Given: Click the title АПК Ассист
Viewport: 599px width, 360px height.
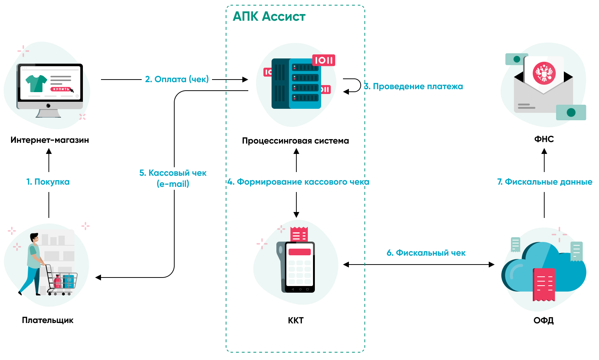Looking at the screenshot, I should (x=269, y=17).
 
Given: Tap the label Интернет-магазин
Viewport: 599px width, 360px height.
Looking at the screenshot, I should (x=50, y=140).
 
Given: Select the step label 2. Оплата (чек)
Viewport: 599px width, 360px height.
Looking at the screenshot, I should (x=177, y=79).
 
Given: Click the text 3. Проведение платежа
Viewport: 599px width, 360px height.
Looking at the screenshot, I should (x=414, y=87).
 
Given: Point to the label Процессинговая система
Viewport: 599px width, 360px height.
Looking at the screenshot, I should (x=295, y=141).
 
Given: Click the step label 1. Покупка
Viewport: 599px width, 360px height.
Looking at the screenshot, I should (x=48, y=182).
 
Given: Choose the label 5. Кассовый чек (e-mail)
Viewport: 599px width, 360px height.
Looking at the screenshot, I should (x=173, y=178).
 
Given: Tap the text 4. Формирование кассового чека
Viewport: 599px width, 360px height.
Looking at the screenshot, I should (x=298, y=182).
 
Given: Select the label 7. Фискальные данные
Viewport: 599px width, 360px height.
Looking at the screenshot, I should (x=545, y=182).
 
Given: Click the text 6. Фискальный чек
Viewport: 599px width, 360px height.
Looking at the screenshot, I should (x=426, y=253).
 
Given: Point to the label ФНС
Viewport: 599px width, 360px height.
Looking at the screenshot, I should (x=544, y=139).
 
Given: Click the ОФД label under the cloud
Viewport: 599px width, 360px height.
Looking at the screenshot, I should (x=544, y=321).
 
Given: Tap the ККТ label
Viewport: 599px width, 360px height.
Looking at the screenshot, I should (x=296, y=321).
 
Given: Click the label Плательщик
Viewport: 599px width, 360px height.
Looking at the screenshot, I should (x=48, y=320).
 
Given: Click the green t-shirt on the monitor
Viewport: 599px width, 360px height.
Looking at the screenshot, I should (x=36, y=83).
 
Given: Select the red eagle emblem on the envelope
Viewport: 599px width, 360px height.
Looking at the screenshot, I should (x=544, y=73).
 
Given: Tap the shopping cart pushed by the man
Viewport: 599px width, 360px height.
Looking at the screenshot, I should (x=63, y=281).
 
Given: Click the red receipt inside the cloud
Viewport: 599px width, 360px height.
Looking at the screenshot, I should (x=544, y=284).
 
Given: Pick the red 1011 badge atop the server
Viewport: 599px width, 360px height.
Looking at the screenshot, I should (x=324, y=60).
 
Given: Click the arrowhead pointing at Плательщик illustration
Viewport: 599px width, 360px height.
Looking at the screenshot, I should (x=98, y=277).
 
